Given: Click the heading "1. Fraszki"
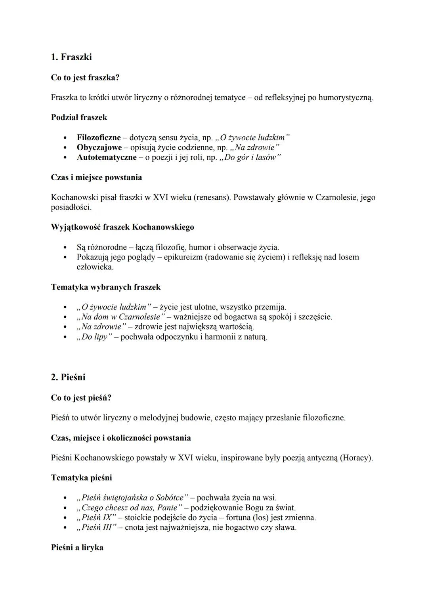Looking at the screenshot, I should [x=71, y=57].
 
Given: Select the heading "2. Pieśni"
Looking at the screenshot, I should [x=68, y=377].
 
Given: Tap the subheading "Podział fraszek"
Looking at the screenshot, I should [x=79, y=117].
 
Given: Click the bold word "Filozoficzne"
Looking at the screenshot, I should [x=99, y=137].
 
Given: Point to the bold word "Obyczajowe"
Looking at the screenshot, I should [x=99, y=147].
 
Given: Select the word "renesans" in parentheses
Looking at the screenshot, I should [x=212, y=197].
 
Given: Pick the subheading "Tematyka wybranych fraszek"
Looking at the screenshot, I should [x=106, y=287].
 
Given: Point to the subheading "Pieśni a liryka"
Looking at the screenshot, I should [x=77, y=548].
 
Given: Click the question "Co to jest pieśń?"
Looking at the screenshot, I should [x=81, y=397].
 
